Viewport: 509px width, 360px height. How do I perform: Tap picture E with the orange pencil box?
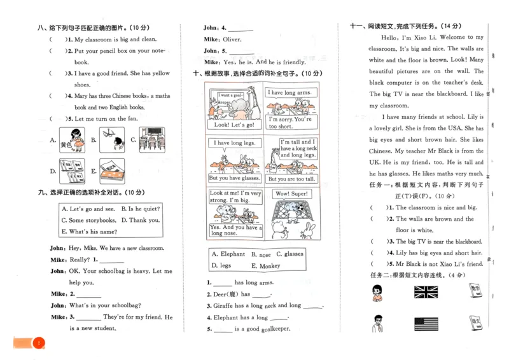[112, 170]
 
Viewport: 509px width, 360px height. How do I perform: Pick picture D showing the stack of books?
[72, 170]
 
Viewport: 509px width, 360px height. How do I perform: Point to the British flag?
[426, 292]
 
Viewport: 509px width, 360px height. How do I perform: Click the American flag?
[426, 324]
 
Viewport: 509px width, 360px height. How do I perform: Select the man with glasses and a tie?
[377, 322]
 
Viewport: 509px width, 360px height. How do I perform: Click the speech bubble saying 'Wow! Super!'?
[291, 193]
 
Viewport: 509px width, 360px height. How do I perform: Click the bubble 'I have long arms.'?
[289, 93]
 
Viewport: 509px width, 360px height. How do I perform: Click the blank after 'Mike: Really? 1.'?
[112, 260]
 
